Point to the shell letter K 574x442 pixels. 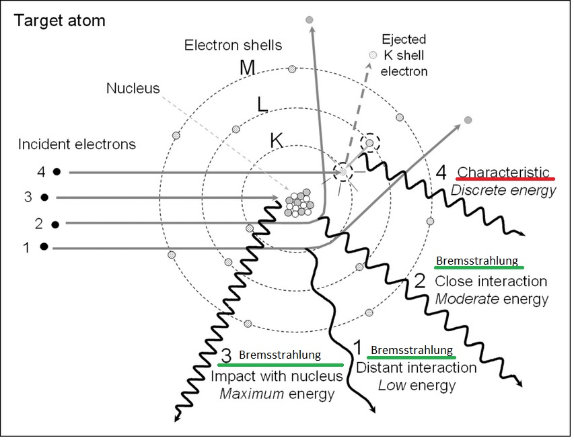coord(276,140)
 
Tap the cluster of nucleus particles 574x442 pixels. coord(299,205)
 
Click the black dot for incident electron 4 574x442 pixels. coord(57,173)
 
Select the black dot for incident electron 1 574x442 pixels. coord(44,248)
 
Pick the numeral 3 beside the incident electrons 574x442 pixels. coord(28,197)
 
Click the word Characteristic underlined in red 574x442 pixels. coord(504,172)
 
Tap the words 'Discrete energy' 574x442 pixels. coord(504,190)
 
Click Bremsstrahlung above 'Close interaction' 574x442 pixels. coord(478,261)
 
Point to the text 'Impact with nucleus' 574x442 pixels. coord(277,376)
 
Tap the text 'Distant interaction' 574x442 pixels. coord(416,367)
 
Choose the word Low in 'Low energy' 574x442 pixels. coord(391,385)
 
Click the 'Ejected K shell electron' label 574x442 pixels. coord(404,54)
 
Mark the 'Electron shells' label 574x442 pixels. coord(233,46)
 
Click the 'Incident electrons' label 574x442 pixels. coord(77,144)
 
